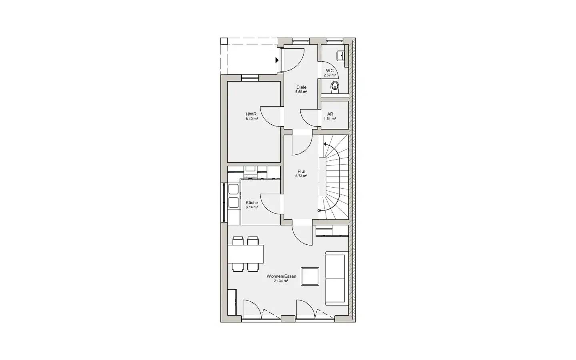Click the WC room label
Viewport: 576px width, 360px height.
pyautogui.click(x=330, y=70)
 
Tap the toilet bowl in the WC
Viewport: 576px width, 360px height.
pyautogui.click(x=335, y=87)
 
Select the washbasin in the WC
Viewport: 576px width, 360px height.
pyautogui.click(x=341, y=56)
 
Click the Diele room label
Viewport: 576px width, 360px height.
pyautogui.click(x=301, y=87)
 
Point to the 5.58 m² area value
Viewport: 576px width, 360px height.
pyautogui.click(x=301, y=92)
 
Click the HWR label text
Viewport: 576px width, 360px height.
pyautogui.click(x=251, y=114)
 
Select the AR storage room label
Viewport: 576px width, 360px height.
pyautogui.click(x=330, y=114)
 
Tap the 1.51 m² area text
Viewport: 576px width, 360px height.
pyautogui.click(x=330, y=119)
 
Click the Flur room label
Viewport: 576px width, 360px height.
pyautogui.click(x=301, y=171)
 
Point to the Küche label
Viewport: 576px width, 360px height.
pyautogui.click(x=252, y=203)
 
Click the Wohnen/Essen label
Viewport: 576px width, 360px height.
pyautogui.click(x=281, y=276)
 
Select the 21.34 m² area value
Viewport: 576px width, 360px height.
pyautogui.click(x=281, y=281)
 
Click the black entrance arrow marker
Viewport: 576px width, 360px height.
pyautogui.click(x=277, y=60)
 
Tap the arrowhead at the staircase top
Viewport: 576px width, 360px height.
pyautogui.click(x=325, y=144)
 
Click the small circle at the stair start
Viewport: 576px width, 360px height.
pyautogui.click(x=319, y=210)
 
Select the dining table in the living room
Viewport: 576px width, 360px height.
pyautogui.click(x=246, y=254)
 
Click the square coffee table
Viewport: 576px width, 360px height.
pyautogui.click(x=310, y=276)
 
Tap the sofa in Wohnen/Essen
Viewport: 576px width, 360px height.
pyautogui.click(x=337, y=278)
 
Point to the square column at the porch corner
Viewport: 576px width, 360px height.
pyautogui.click(x=224, y=42)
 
